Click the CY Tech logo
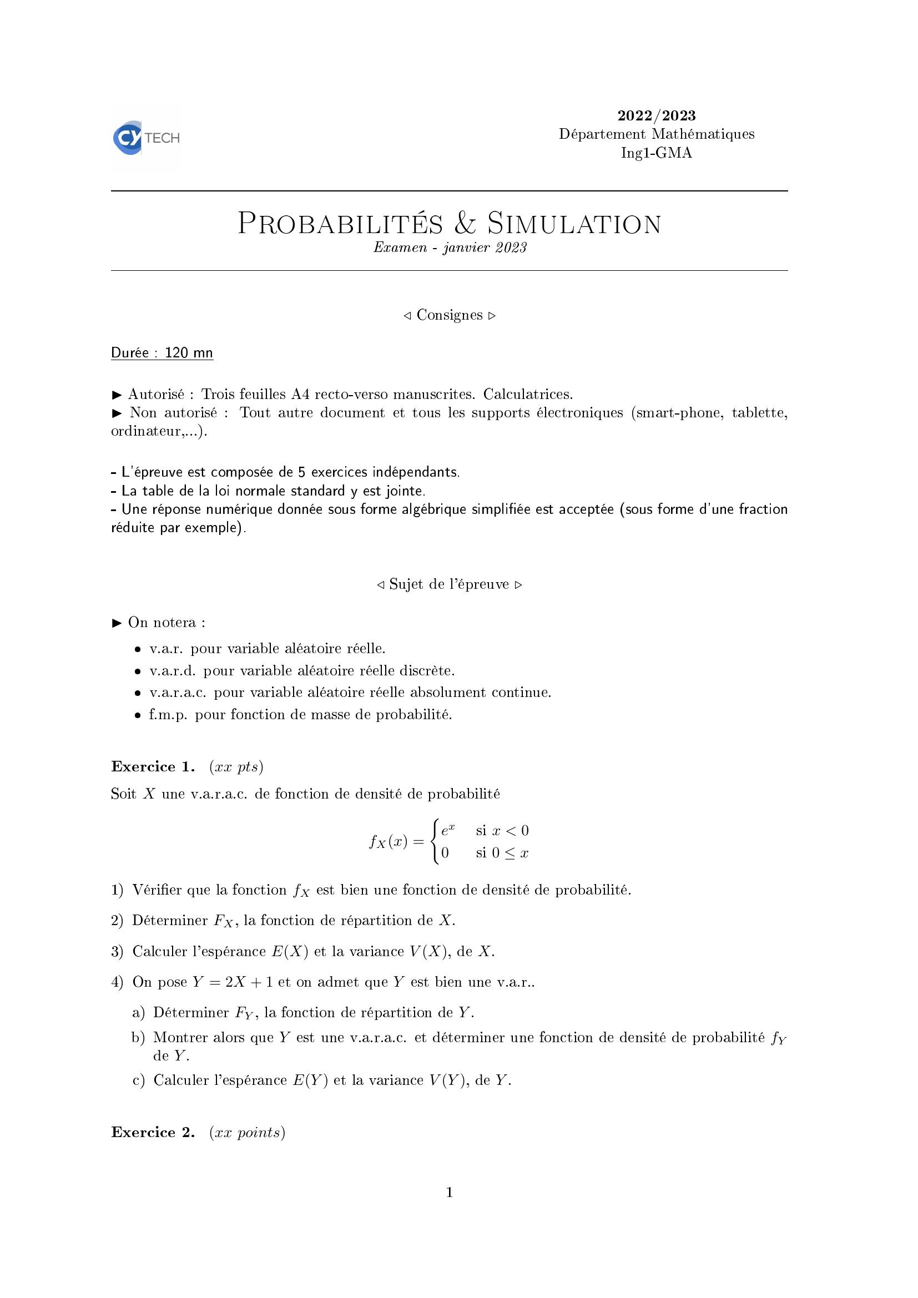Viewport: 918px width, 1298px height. [146, 138]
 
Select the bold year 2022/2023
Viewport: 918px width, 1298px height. [656, 116]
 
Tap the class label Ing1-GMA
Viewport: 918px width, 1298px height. [656, 153]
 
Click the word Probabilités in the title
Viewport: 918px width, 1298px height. [340, 224]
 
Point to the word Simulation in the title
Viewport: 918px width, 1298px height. [574, 224]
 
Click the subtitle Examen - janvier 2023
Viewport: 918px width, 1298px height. [450, 248]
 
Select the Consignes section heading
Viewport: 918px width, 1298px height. [450, 315]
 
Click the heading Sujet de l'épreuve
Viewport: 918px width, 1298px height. [450, 584]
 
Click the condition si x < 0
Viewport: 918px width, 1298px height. [502, 831]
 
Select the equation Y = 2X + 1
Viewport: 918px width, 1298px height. [233, 982]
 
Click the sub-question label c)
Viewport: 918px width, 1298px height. [139, 1080]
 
